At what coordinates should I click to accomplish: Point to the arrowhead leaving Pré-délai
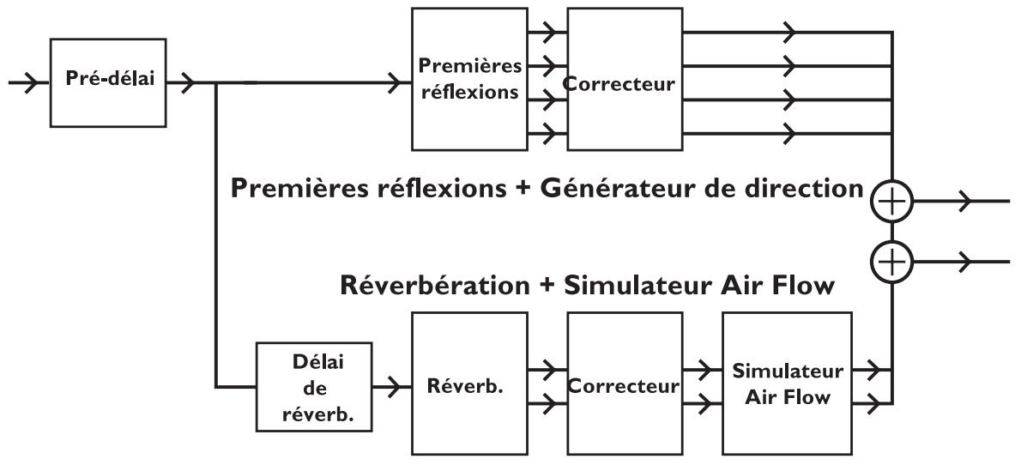(x=187, y=83)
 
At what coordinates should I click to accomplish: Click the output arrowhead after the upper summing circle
(x=964, y=202)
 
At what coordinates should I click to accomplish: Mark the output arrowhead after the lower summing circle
(x=964, y=262)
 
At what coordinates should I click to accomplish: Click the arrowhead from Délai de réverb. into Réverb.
(x=394, y=387)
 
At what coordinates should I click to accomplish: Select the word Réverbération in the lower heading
(x=436, y=285)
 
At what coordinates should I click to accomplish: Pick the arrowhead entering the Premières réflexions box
(x=395, y=83)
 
